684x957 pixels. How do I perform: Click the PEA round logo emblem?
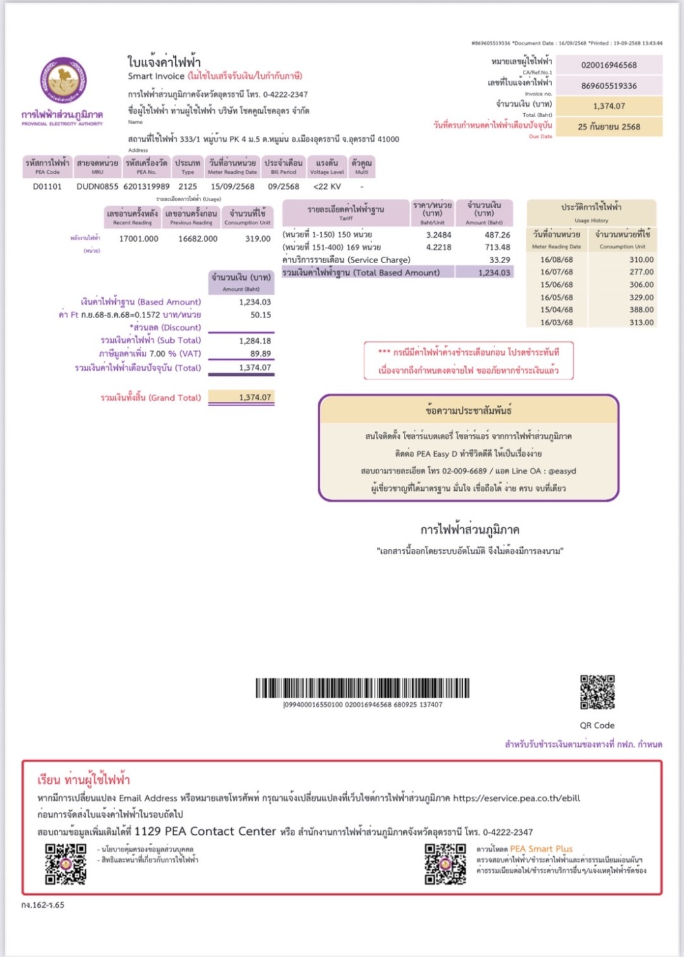(x=63, y=80)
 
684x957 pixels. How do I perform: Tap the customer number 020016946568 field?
(x=608, y=65)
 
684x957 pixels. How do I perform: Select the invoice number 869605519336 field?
(x=608, y=86)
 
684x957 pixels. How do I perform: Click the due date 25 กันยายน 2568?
(x=608, y=127)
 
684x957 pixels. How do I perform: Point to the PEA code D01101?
(x=47, y=186)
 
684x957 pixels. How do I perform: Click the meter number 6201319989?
(x=146, y=186)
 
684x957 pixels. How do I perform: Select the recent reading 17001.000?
(x=138, y=239)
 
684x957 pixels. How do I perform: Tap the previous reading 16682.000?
(x=198, y=239)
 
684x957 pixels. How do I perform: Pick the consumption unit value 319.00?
(x=258, y=239)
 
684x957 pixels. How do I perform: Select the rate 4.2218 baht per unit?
(x=438, y=247)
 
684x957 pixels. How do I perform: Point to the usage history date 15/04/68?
(x=557, y=310)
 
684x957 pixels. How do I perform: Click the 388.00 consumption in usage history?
(x=641, y=310)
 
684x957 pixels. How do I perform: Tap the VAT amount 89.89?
(x=260, y=354)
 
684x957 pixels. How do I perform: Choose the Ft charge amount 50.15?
(x=260, y=315)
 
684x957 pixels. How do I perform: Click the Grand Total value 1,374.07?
(x=255, y=398)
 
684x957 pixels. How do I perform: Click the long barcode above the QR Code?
(x=362, y=688)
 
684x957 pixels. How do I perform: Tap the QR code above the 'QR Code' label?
(x=597, y=692)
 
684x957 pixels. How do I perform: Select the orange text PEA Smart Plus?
(x=541, y=849)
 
